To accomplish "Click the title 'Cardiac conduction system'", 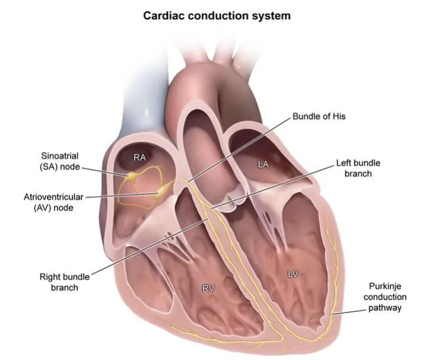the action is pyautogui.click(x=217, y=15).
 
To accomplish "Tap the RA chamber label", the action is pyautogui.click(x=139, y=158).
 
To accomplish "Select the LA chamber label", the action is pyautogui.click(x=263, y=164).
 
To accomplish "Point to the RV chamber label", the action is pyautogui.click(x=209, y=289).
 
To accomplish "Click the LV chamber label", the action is pyautogui.click(x=293, y=275).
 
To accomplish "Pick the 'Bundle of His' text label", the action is pyautogui.click(x=319, y=116).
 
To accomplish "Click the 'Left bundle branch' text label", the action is pyautogui.click(x=358, y=168).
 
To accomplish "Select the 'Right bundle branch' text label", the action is pyautogui.click(x=65, y=282).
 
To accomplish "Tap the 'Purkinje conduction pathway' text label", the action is pyautogui.click(x=385, y=297).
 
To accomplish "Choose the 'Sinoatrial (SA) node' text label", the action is pyautogui.click(x=60, y=161).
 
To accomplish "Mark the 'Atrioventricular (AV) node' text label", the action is pyautogui.click(x=53, y=202).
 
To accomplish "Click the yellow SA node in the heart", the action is pyautogui.click(x=131, y=176).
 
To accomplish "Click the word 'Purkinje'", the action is pyautogui.click(x=385, y=286).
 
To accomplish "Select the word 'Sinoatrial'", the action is pyautogui.click(x=60, y=155).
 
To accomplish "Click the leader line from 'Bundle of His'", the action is pyautogui.click(x=239, y=149).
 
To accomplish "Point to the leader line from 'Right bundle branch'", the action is pyautogui.click(x=149, y=246).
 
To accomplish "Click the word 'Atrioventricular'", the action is pyautogui.click(x=53, y=197).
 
